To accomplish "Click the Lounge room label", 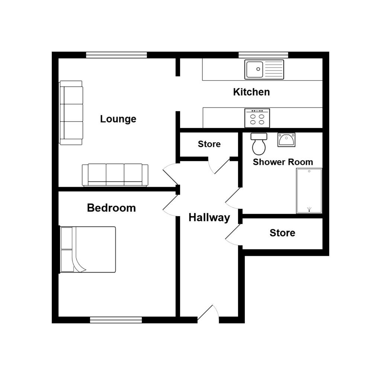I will point(118,119).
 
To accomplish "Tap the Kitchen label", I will point(251,92).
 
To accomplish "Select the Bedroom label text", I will point(111,208).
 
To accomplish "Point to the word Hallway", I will point(209,218).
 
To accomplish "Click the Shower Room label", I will point(282,162).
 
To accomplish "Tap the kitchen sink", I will point(264,69).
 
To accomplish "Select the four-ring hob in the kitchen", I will point(257,118).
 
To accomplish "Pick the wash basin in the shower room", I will point(286,140).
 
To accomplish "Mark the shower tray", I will point(309,191).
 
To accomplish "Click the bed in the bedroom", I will point(88,250).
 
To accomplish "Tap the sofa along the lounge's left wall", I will point(71,112).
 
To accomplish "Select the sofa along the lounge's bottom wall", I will point(115,175).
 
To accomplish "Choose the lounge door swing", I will point(170,175).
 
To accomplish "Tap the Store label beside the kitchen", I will point(209,144).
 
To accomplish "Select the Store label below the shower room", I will point(282,233).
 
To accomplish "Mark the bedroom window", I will point(116,320).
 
